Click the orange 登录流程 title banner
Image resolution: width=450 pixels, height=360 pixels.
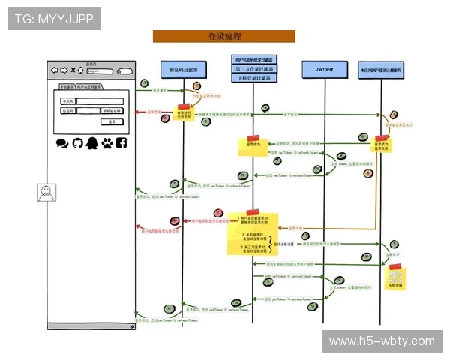pos(223,36)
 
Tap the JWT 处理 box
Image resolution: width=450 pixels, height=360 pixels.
pos(323,69)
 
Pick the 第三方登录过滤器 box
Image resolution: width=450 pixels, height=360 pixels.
pos(253,68)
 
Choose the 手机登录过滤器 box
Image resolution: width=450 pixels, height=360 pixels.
pos(253,77)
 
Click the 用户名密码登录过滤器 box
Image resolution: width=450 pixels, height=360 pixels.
pos(253,59)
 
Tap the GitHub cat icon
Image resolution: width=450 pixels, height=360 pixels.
pos(76,142)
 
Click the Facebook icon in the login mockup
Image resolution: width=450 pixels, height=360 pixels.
pos(121,142)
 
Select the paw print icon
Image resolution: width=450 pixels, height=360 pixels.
pos(106,142)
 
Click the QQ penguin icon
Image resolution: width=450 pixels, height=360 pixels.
pos(91,142)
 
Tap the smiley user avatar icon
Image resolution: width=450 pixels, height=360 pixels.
pos(46,192)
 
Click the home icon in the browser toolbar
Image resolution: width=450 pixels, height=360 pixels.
pos(81,71)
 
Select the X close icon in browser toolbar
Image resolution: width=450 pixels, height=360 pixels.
pos(72,71)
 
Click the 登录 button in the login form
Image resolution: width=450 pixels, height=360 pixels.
pos(111,121)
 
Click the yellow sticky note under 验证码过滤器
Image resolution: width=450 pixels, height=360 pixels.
pos(184,112)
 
